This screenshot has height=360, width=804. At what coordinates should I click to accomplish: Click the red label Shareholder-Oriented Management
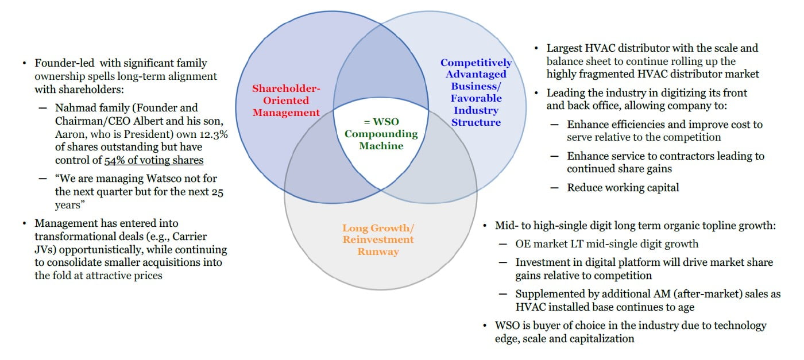click(x=286, y=100)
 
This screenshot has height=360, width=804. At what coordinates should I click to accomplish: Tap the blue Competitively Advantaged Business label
click(x=476, y=92)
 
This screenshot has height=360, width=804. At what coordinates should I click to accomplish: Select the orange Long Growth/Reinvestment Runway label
click(x=378, y=239)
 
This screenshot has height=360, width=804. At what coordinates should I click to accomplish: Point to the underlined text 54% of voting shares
click(x=153, y=160)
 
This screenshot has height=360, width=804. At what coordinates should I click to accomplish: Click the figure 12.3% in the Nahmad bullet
click(x=204, y=134)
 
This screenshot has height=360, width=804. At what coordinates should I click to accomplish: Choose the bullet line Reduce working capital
click(x=623, y=187)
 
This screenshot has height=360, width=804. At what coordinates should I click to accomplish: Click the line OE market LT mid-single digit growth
click(x=607, y=243)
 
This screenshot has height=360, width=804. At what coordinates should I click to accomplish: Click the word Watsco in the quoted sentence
click(x=156, y=179)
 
